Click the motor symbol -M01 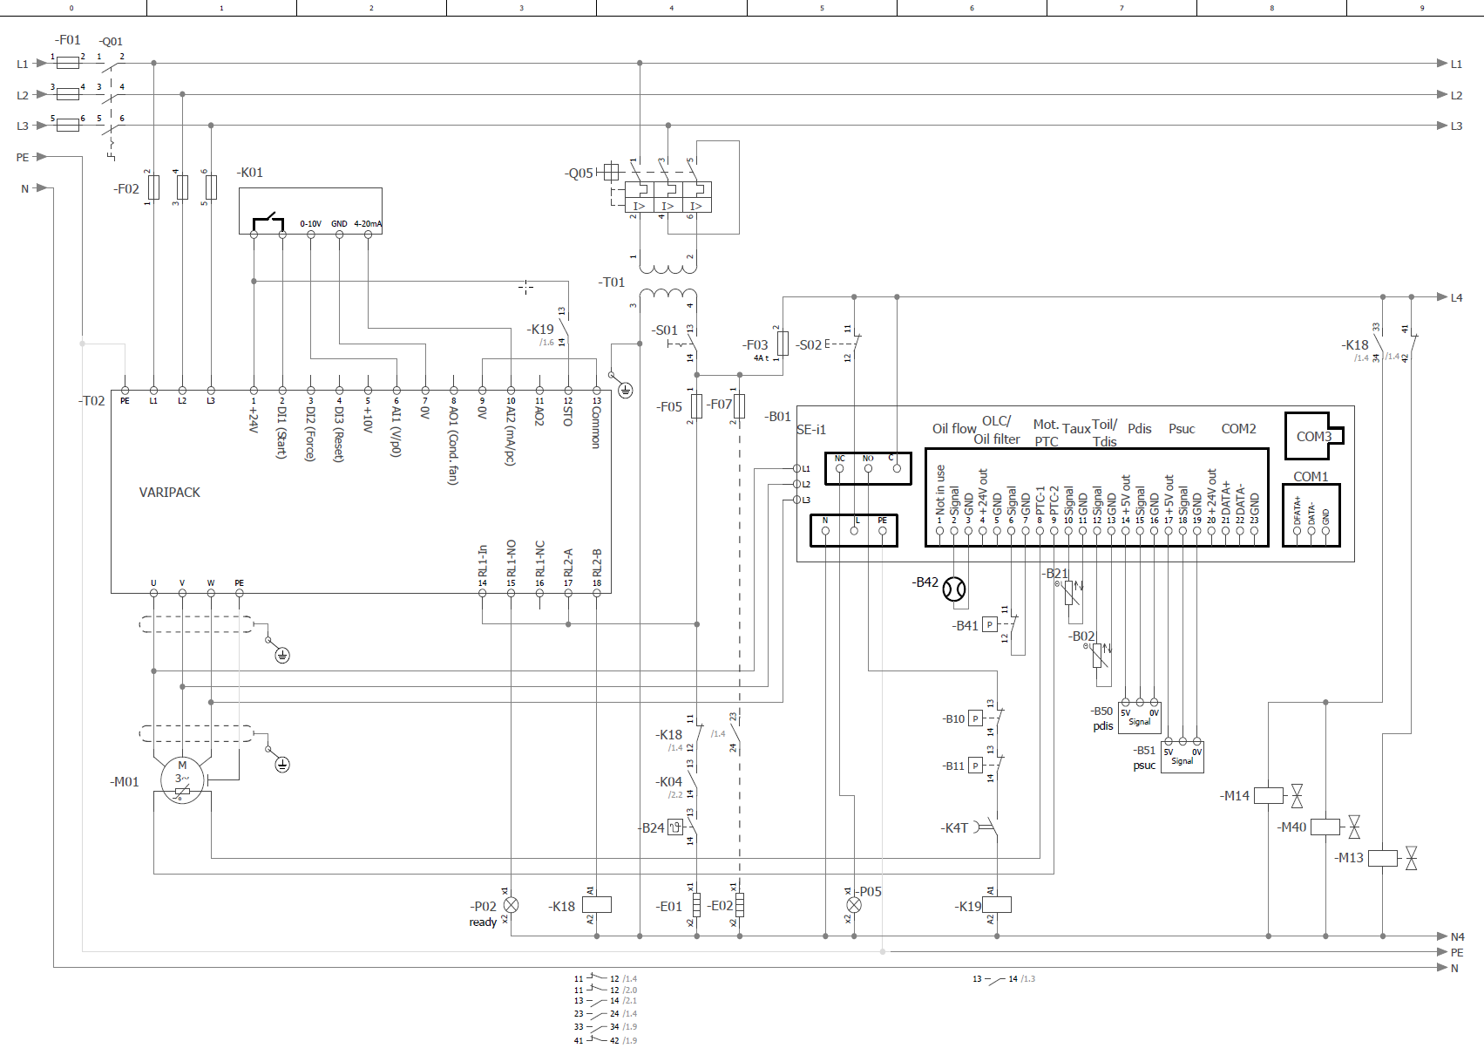tap(182, 779)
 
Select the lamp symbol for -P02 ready tap(511, 905)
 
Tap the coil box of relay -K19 tap(997, 905)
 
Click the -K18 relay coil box tap(596, 905)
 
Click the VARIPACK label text tap(169, 493)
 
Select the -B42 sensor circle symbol tap(954, 589)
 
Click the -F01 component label tap(67, 40)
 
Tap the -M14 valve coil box tap(1268, 795)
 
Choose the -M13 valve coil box tap(1382, 858)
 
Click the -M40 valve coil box tap(1325, 827)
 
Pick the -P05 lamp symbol tap(854, 905)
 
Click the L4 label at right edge tap(1456, 297)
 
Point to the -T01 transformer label tap(612, 282)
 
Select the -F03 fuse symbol tap(783, 344)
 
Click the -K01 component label tap(250, 173)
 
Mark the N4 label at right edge tap(1457, 937)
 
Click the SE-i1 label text tap(810, 430)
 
